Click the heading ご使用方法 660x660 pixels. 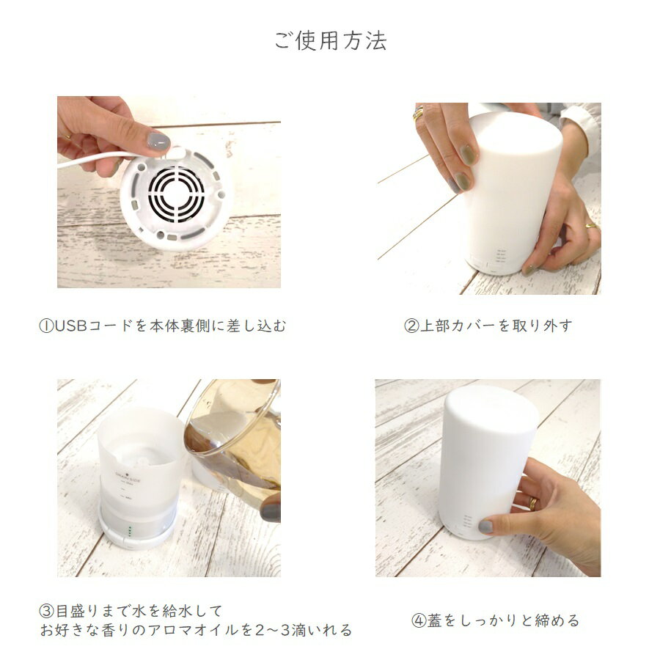click(x=331, y=41)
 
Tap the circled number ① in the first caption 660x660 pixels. click(x=46, y=326)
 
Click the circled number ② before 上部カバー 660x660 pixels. click(x=411, y=326)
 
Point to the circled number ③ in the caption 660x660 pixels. click(x=46, y=610)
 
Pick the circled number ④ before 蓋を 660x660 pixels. click(x=419, y=620)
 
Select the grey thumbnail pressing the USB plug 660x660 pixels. click(x=158, y=142)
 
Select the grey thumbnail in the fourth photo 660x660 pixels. click(x=485, y=526)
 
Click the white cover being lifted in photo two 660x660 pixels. click(x=513, y=191)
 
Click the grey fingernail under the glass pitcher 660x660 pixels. click(x=270, y=511)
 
